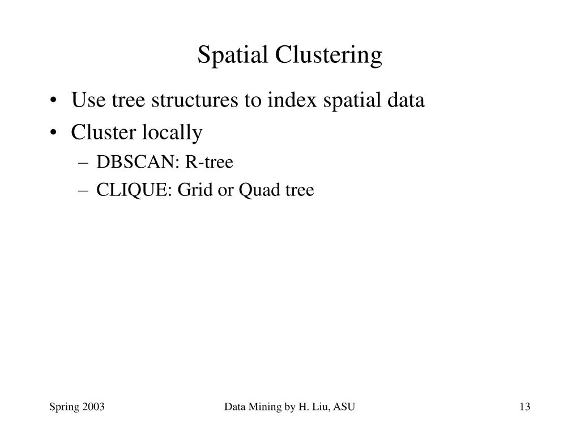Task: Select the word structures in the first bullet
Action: click(x=179, y=101)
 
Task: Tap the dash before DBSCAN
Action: click(x=84, y=163)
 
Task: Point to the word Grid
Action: click(x=191, y=190)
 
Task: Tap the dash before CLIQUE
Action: click(x=84, y=191)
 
